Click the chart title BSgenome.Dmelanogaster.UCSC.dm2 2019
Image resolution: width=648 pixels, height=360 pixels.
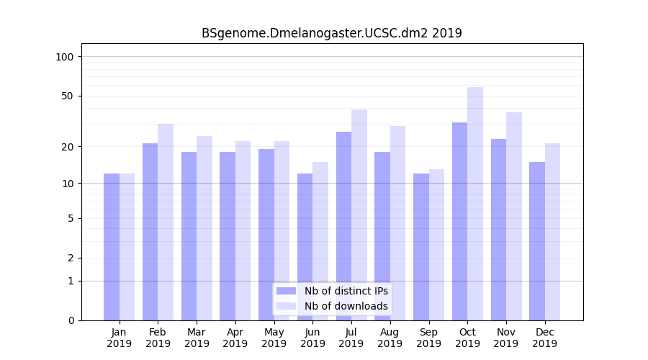331,33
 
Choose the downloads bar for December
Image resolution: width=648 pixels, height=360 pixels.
552,231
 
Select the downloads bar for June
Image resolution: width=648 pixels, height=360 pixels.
320,240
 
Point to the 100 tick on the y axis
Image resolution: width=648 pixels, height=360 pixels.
65,57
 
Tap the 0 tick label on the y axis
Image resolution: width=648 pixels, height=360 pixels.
71,320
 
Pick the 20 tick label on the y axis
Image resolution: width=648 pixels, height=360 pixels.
68,147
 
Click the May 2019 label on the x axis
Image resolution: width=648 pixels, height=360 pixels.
274,338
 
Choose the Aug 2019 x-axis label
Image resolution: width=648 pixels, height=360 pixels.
390,338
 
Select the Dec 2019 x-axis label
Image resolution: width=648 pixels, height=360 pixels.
544,338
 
